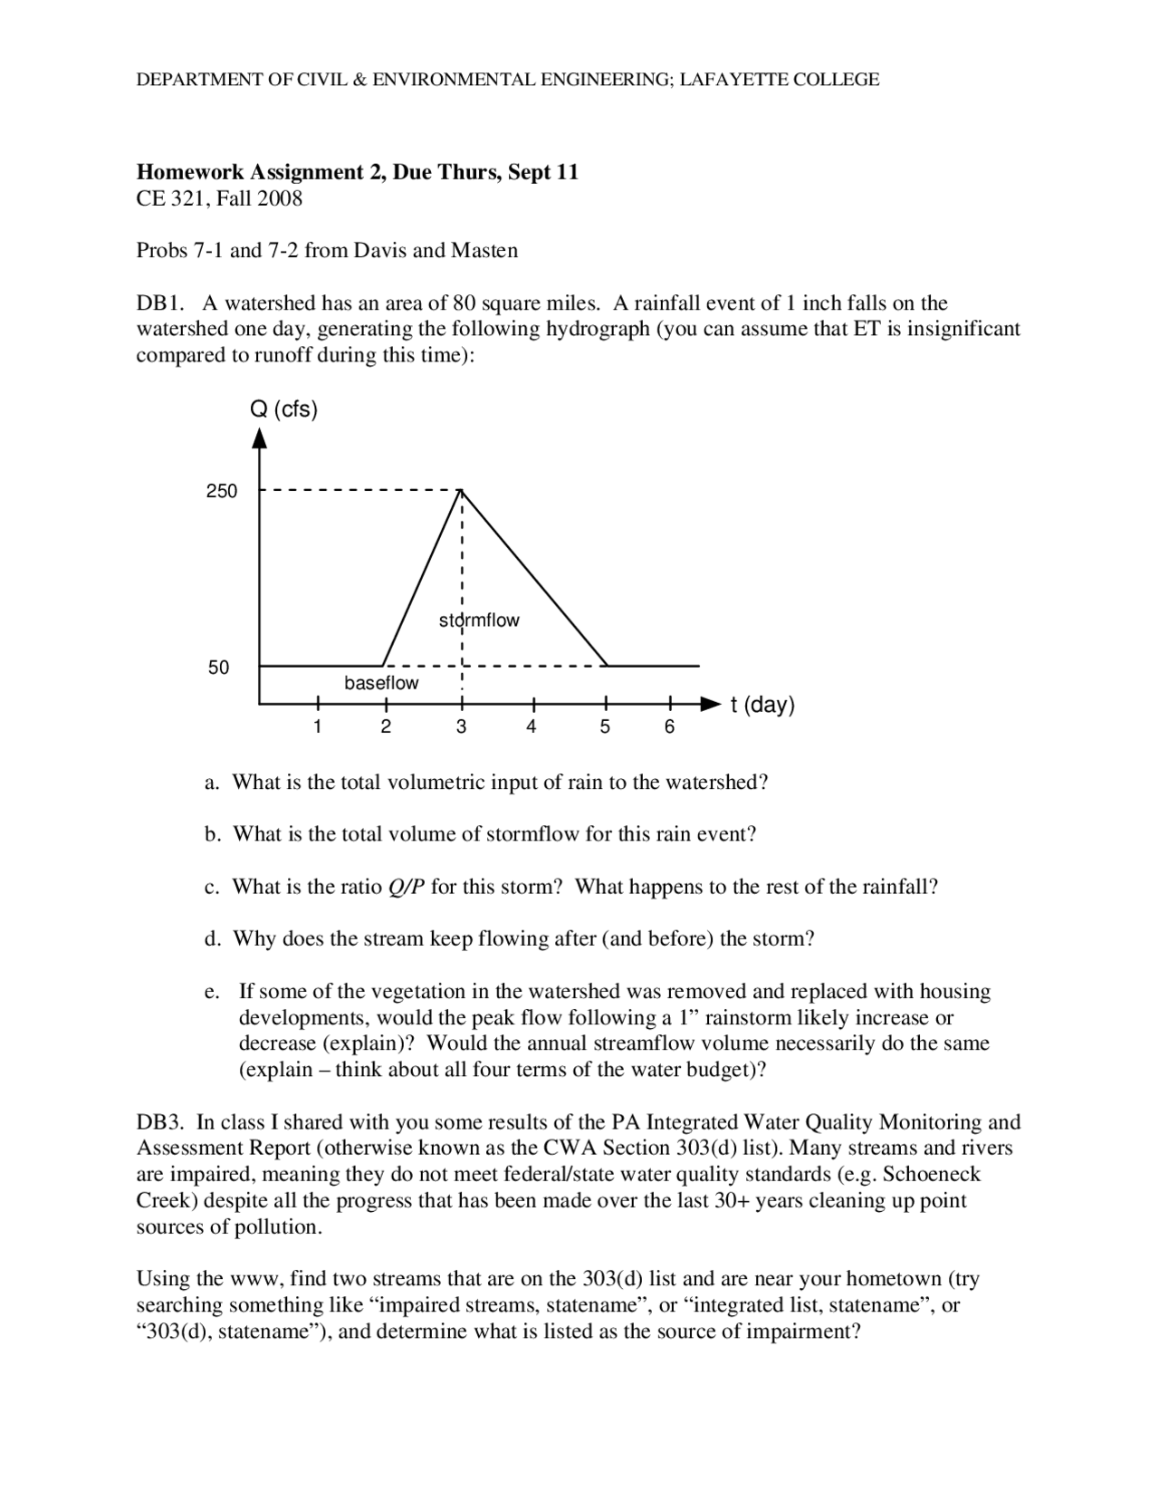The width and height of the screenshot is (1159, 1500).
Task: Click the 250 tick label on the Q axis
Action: (222, 491)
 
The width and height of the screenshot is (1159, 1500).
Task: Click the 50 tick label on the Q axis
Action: (219, 668)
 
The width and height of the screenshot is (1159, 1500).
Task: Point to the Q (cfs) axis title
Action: (283, 409)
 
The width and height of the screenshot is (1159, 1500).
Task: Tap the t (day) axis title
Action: (762, 705)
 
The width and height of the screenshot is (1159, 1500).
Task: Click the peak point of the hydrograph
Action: (462, 490)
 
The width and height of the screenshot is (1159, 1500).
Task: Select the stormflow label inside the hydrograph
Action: (479, 620)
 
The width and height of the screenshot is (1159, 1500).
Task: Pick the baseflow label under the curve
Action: (381, 683)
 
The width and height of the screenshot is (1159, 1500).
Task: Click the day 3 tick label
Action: (461, 726)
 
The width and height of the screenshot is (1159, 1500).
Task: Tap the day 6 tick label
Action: (669, 726)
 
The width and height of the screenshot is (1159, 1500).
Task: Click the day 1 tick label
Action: (317, 726)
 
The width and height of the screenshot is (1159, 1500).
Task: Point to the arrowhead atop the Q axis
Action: (260, 438)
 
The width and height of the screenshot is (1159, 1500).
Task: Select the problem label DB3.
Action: (160, 1122)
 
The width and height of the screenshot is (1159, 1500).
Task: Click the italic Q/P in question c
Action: (406, 887)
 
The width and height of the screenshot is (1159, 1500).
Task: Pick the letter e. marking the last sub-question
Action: (212, 992)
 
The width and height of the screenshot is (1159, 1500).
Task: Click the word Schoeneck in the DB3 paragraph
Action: (932, 1175)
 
